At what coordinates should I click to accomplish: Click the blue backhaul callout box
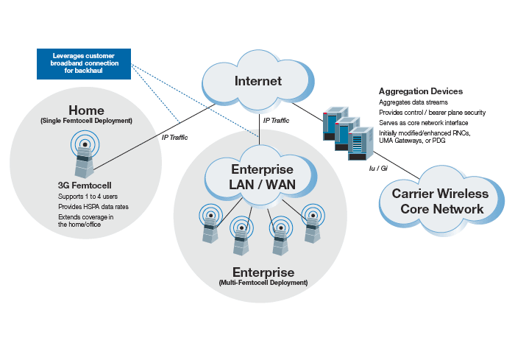click(x=83, y=64)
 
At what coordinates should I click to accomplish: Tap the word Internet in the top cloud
click(x=257, y=81)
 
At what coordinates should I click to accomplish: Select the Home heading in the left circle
click(x=86, y=110)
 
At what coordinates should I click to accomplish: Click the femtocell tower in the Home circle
click(x=85, y=157)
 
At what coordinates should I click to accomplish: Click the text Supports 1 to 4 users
click(x=88, y=197)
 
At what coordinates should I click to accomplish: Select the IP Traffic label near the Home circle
click(x=176, y=137)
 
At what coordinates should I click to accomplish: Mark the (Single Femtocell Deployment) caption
click(x=86, y=121)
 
